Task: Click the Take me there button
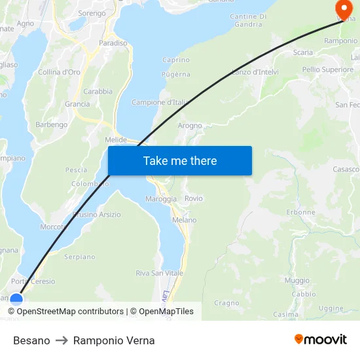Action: (x=180, y=160)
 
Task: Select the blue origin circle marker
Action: (x=16, y=300)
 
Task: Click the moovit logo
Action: (x=321, y=339)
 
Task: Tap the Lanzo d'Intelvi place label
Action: (x=255, y=71)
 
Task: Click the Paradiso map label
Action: (x=113, y=43)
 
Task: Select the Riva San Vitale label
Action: (x=159, y=273)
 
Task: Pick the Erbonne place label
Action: (x=301, y=212)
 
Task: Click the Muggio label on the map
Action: (x=297, y=280)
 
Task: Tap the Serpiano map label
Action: (x=80, y=257)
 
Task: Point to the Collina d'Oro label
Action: (x=59, y=72)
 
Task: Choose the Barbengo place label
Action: (x=51, y=124)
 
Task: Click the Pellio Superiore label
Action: (x=328, y=69)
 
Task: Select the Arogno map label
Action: (x=190, y=126)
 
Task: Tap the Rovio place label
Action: (x=194, y=198)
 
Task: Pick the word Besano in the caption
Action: (x=31, y=340)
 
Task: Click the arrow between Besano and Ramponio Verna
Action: (x=62, y=340)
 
